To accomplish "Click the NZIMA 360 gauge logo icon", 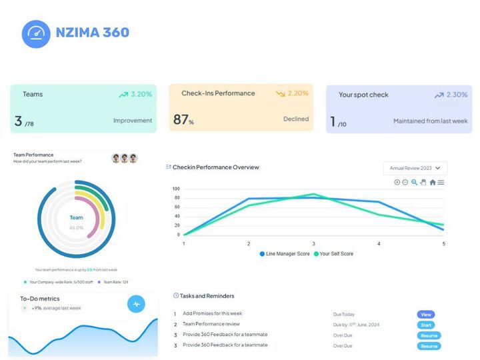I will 36,33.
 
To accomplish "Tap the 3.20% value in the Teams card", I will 141,95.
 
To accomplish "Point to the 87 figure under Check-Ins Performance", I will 181,120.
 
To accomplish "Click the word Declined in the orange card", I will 296,119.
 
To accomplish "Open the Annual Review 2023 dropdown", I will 415,169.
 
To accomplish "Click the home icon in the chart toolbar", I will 433,182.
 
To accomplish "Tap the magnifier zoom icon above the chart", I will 415,182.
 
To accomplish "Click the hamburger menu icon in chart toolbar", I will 441,182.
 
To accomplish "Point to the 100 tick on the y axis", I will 177,189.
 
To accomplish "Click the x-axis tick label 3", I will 314,244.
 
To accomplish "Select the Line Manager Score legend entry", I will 285,254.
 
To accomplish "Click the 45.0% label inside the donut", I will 77,228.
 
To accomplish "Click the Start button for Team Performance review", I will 426,325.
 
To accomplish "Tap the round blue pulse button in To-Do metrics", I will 136,304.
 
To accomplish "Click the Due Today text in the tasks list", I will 345,314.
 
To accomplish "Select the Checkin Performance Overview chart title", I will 215,167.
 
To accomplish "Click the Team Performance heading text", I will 33,155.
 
